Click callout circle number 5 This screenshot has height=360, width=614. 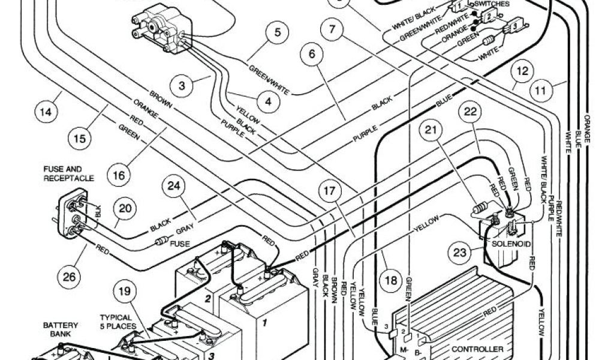click(277, 32)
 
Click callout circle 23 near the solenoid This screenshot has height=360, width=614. click(460, 253)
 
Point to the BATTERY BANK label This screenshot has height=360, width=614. click(60, 329)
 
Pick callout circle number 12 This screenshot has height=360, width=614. click(523, 73)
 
